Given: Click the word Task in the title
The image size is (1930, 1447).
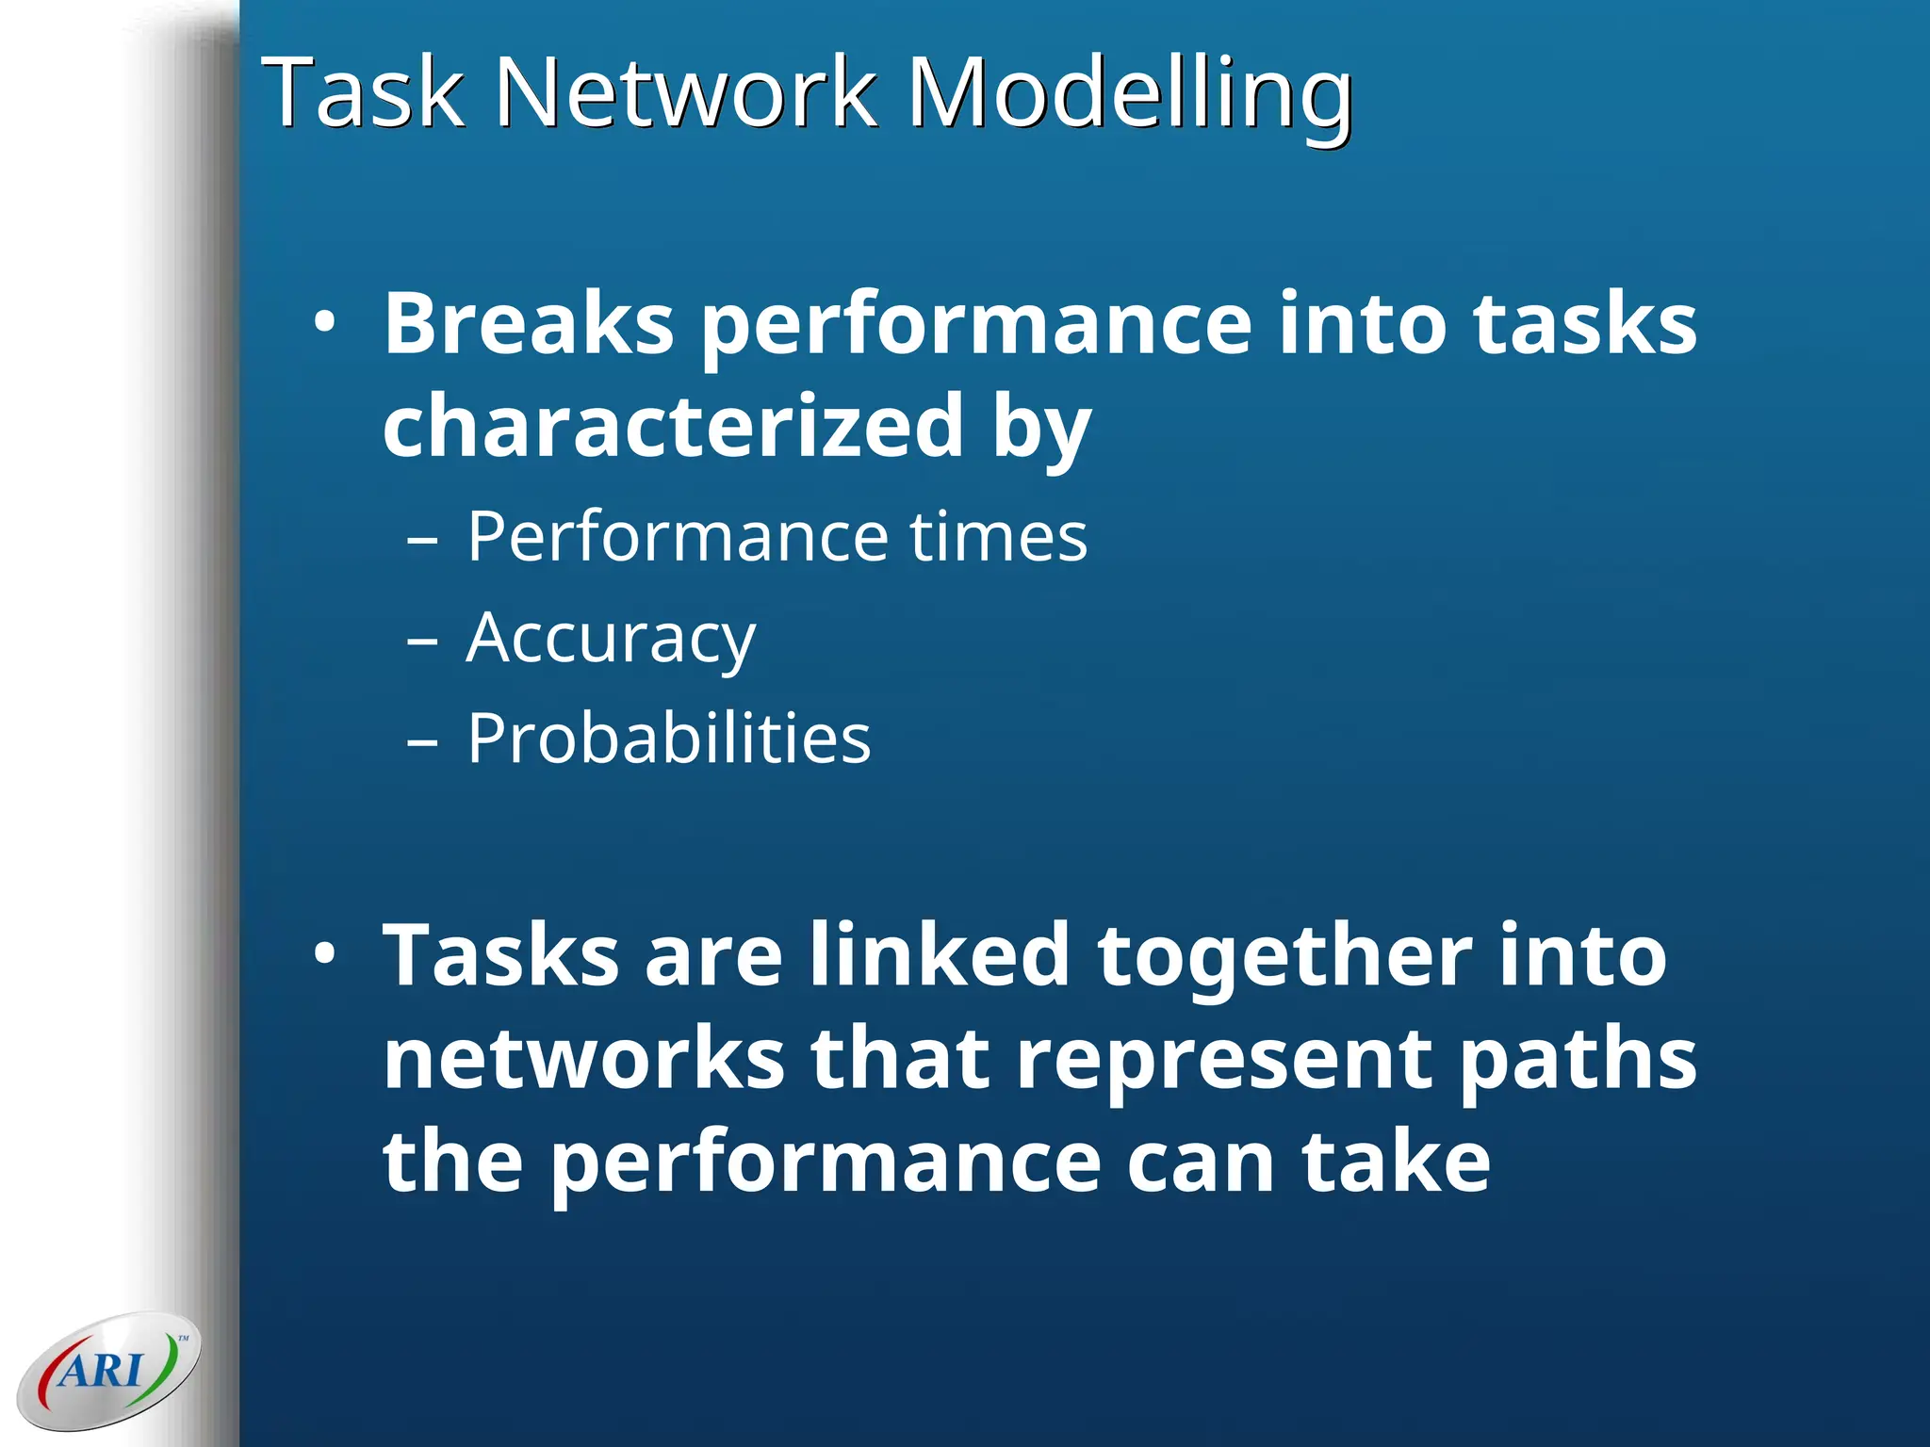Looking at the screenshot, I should [363, 92].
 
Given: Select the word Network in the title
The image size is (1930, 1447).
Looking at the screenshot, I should [685, 92].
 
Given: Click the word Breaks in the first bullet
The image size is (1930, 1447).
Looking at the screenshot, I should [529, 323].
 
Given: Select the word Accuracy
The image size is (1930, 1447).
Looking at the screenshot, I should [611, 639].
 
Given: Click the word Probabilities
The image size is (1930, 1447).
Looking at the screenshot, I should [669, 739].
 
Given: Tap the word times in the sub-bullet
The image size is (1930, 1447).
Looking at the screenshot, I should [998, 537].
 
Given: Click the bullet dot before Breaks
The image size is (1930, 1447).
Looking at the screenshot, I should [324, 323].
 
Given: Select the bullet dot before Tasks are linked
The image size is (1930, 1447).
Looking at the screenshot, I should [324, 955].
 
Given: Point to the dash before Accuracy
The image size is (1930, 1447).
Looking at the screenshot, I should [423, 642].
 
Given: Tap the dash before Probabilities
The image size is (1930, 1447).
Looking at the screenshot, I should [423, 742].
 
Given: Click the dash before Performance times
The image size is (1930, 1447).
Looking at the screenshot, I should [423, 541].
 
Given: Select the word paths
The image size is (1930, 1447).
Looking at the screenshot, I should [1578, 1059].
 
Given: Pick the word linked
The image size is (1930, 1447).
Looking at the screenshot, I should [940, 955].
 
